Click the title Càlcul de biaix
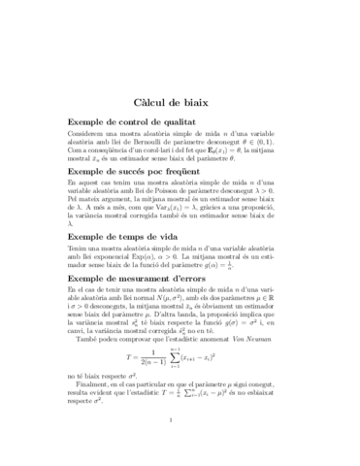click(x=180, y=101)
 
